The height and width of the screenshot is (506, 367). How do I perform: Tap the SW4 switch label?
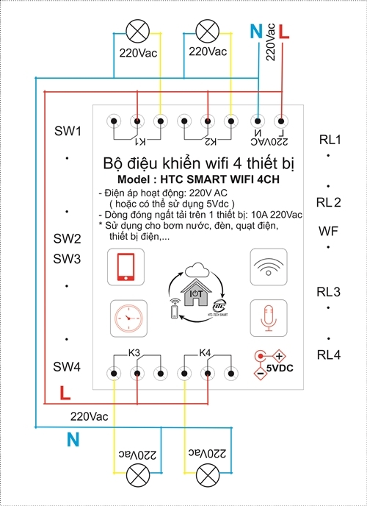[67, 366]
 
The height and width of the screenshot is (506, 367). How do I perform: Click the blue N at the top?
[255, 32]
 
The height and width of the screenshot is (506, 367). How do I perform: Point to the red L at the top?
[285, 32]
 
